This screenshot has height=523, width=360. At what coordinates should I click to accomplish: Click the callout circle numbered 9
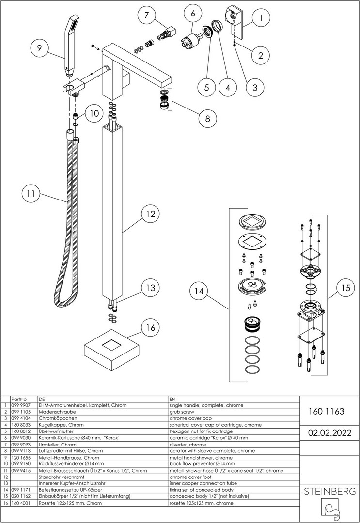40,48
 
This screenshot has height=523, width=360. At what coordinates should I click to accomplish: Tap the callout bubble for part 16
151,328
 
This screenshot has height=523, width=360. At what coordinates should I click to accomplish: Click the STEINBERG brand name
329,492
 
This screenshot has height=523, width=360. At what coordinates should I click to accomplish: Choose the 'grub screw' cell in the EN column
179,412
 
